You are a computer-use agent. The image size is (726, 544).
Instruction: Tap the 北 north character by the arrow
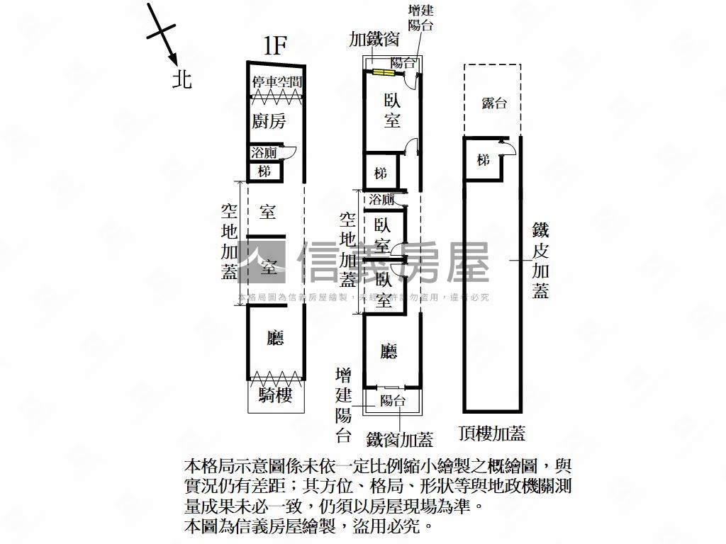pyautogui.click(x=182, y=79)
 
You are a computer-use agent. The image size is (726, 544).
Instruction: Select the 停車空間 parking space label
pyautogui.click(x=277, y=83)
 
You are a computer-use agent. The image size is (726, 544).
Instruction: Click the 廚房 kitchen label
pyautogui.click(x=269, y=121)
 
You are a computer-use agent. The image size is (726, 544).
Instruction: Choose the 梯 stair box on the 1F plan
pyautogui.click(x=264, y=171)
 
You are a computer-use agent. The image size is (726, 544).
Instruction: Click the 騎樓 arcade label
pyautogui.click(x=276, y=395)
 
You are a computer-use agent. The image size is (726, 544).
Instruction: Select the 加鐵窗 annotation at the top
pyautogui.click(x=379, y=38)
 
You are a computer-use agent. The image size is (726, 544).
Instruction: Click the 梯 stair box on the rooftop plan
pyautogui.click(x=484, y=161)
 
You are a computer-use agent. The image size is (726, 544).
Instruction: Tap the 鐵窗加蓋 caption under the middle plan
pyautogui.click(x=400, y=440)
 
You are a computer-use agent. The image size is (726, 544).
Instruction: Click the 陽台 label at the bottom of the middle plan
pyautogui.click(x=392, y=401)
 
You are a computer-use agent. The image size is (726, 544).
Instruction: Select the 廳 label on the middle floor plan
pyautogui.click(x=388, y=351)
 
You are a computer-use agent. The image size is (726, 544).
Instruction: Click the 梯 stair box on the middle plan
pyautogui.click(x=381, y=172)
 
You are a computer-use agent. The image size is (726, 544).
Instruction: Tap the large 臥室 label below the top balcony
pyautogui.click(x=392, y=111)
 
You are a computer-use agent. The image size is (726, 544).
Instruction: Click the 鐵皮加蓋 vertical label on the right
pyautogui.click(x=541, y=260)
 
